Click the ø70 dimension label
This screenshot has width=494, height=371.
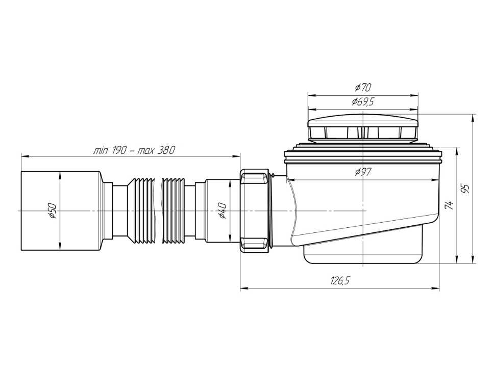tap(363, 87)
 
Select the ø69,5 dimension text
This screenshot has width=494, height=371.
tap(363, 102)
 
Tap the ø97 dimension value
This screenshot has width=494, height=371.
tap(363, 172)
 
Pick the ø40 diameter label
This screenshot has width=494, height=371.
tap(222, 211)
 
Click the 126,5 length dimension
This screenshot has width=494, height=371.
tap(340, 281)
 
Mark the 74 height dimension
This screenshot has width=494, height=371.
tap(450, 205)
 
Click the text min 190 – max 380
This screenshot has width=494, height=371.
tap(134, 150)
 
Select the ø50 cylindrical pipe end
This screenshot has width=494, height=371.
tap(61, 211)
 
